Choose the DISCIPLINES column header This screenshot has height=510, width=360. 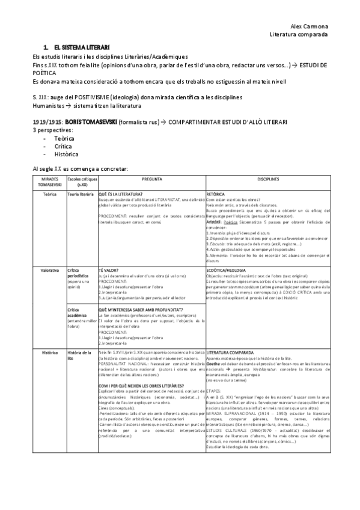tap(267, 179)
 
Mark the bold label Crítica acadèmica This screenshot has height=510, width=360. tap(79, 313)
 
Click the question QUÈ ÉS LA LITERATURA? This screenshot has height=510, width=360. tap(121, 195)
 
